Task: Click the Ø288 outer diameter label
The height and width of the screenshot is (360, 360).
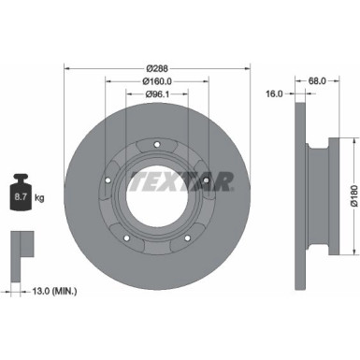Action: (156, 68)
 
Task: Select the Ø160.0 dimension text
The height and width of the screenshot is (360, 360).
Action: (157, 81)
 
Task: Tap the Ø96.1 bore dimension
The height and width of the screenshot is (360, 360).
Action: (157, 94)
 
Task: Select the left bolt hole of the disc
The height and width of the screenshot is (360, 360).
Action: (109, 180)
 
